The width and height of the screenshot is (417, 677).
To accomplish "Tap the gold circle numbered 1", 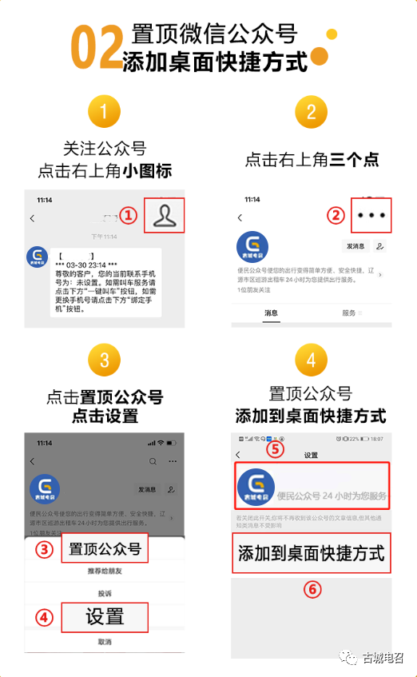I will (105, 112).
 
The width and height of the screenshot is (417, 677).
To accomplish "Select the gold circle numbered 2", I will (312, 112).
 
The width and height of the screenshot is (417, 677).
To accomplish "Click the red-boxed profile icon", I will (164, 215).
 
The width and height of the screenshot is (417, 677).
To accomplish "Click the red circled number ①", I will (129, 215).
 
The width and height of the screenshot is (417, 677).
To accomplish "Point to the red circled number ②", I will (336, 215).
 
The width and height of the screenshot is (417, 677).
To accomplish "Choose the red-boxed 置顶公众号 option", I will (104, 549).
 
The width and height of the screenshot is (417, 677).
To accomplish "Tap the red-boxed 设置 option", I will (104, 616).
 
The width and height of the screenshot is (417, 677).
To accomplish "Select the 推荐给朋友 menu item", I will (104, 572).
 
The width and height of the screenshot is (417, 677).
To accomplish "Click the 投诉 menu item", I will (104, 593).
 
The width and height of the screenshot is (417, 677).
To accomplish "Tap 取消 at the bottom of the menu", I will (104, 642).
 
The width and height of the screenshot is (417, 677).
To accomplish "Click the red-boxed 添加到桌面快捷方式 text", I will (312, 553).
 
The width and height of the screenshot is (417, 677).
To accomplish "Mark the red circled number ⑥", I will (312, 590).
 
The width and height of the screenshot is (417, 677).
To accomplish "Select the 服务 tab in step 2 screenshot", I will (349, 313).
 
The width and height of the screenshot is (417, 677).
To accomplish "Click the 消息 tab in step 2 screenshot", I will (272, 313).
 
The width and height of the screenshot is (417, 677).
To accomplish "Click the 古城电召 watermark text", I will (384, 657).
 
